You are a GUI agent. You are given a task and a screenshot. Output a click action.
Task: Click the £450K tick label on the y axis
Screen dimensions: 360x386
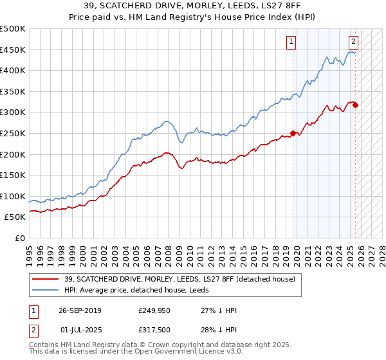tap(13, 50)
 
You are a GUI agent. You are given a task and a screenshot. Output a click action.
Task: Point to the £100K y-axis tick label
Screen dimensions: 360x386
tap(13, 196)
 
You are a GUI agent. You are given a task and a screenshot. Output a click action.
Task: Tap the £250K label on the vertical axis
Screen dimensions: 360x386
tap(13, 133)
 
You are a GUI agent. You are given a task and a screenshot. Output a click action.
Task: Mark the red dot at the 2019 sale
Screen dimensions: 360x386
tap(293, 134)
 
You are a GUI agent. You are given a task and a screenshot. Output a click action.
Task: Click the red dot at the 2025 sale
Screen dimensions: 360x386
tap(356, 105)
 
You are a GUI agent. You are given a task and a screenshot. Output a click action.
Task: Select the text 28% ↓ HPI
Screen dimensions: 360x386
tap(219, 330)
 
